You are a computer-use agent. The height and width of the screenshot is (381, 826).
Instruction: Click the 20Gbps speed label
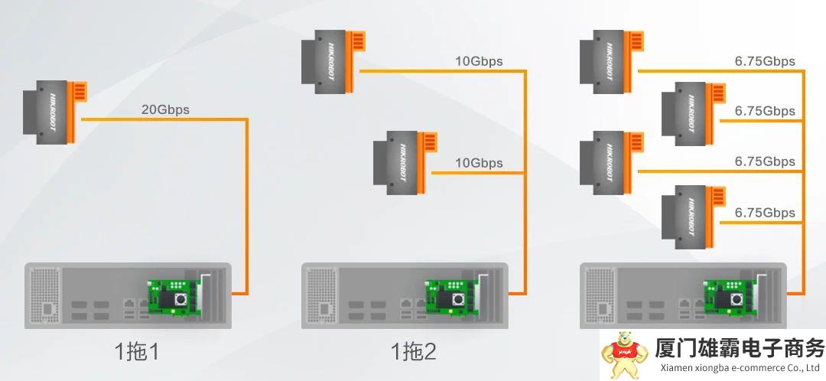point(165,109)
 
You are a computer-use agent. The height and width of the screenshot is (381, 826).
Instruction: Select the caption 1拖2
point(414,353)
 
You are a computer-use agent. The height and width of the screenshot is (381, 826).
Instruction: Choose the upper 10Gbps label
point(479,61)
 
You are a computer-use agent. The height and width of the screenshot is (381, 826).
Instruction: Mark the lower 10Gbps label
point(479,162)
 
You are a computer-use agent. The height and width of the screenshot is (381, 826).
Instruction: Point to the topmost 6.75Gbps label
point(765,61)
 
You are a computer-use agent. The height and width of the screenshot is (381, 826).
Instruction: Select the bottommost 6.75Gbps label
point(765,213)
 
